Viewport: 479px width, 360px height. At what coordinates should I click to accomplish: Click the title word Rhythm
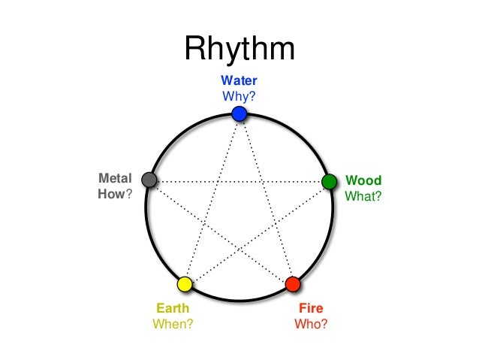pyautogui.click(x=239, y=50)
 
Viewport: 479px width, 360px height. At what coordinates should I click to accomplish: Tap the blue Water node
pyautogui.click(x=239, y=113)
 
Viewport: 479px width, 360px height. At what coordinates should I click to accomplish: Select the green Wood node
pyautogui.click(x=329, y=181)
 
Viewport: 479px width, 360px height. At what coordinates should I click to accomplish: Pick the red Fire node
pyautogui.click(x=293, y=284)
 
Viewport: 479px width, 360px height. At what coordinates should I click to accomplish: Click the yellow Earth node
pyautogui.click(x=185, y=284)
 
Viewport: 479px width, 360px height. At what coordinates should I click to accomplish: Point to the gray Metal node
pyautogui.click(x=149, y=180)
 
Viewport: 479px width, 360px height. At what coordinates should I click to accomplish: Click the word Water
pyautogui.click(x=239, y=80)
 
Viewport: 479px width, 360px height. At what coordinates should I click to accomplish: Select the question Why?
pyautogui.click(x=239, y=95)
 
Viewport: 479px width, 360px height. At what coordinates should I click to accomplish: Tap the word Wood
pyautogui.click(x=363, y=180)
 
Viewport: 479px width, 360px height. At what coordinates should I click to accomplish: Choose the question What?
pyautogui.click(x=363, y=197)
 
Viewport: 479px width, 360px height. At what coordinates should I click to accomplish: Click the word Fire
pyautogui.click(x=311, y=308)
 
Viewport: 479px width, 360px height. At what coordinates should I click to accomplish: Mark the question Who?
pyautogui.click(x=311, y=325)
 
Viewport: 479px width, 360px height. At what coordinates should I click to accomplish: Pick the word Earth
pyautogui.click(x=172, y=308)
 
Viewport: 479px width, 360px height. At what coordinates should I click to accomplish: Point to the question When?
pyautogui.click(x=172, y=325)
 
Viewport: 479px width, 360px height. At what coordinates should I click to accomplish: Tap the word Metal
pyautogui.click(x=115, y=178)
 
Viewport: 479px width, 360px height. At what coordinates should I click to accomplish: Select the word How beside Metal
pyautogui.click(x=110, y=194)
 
